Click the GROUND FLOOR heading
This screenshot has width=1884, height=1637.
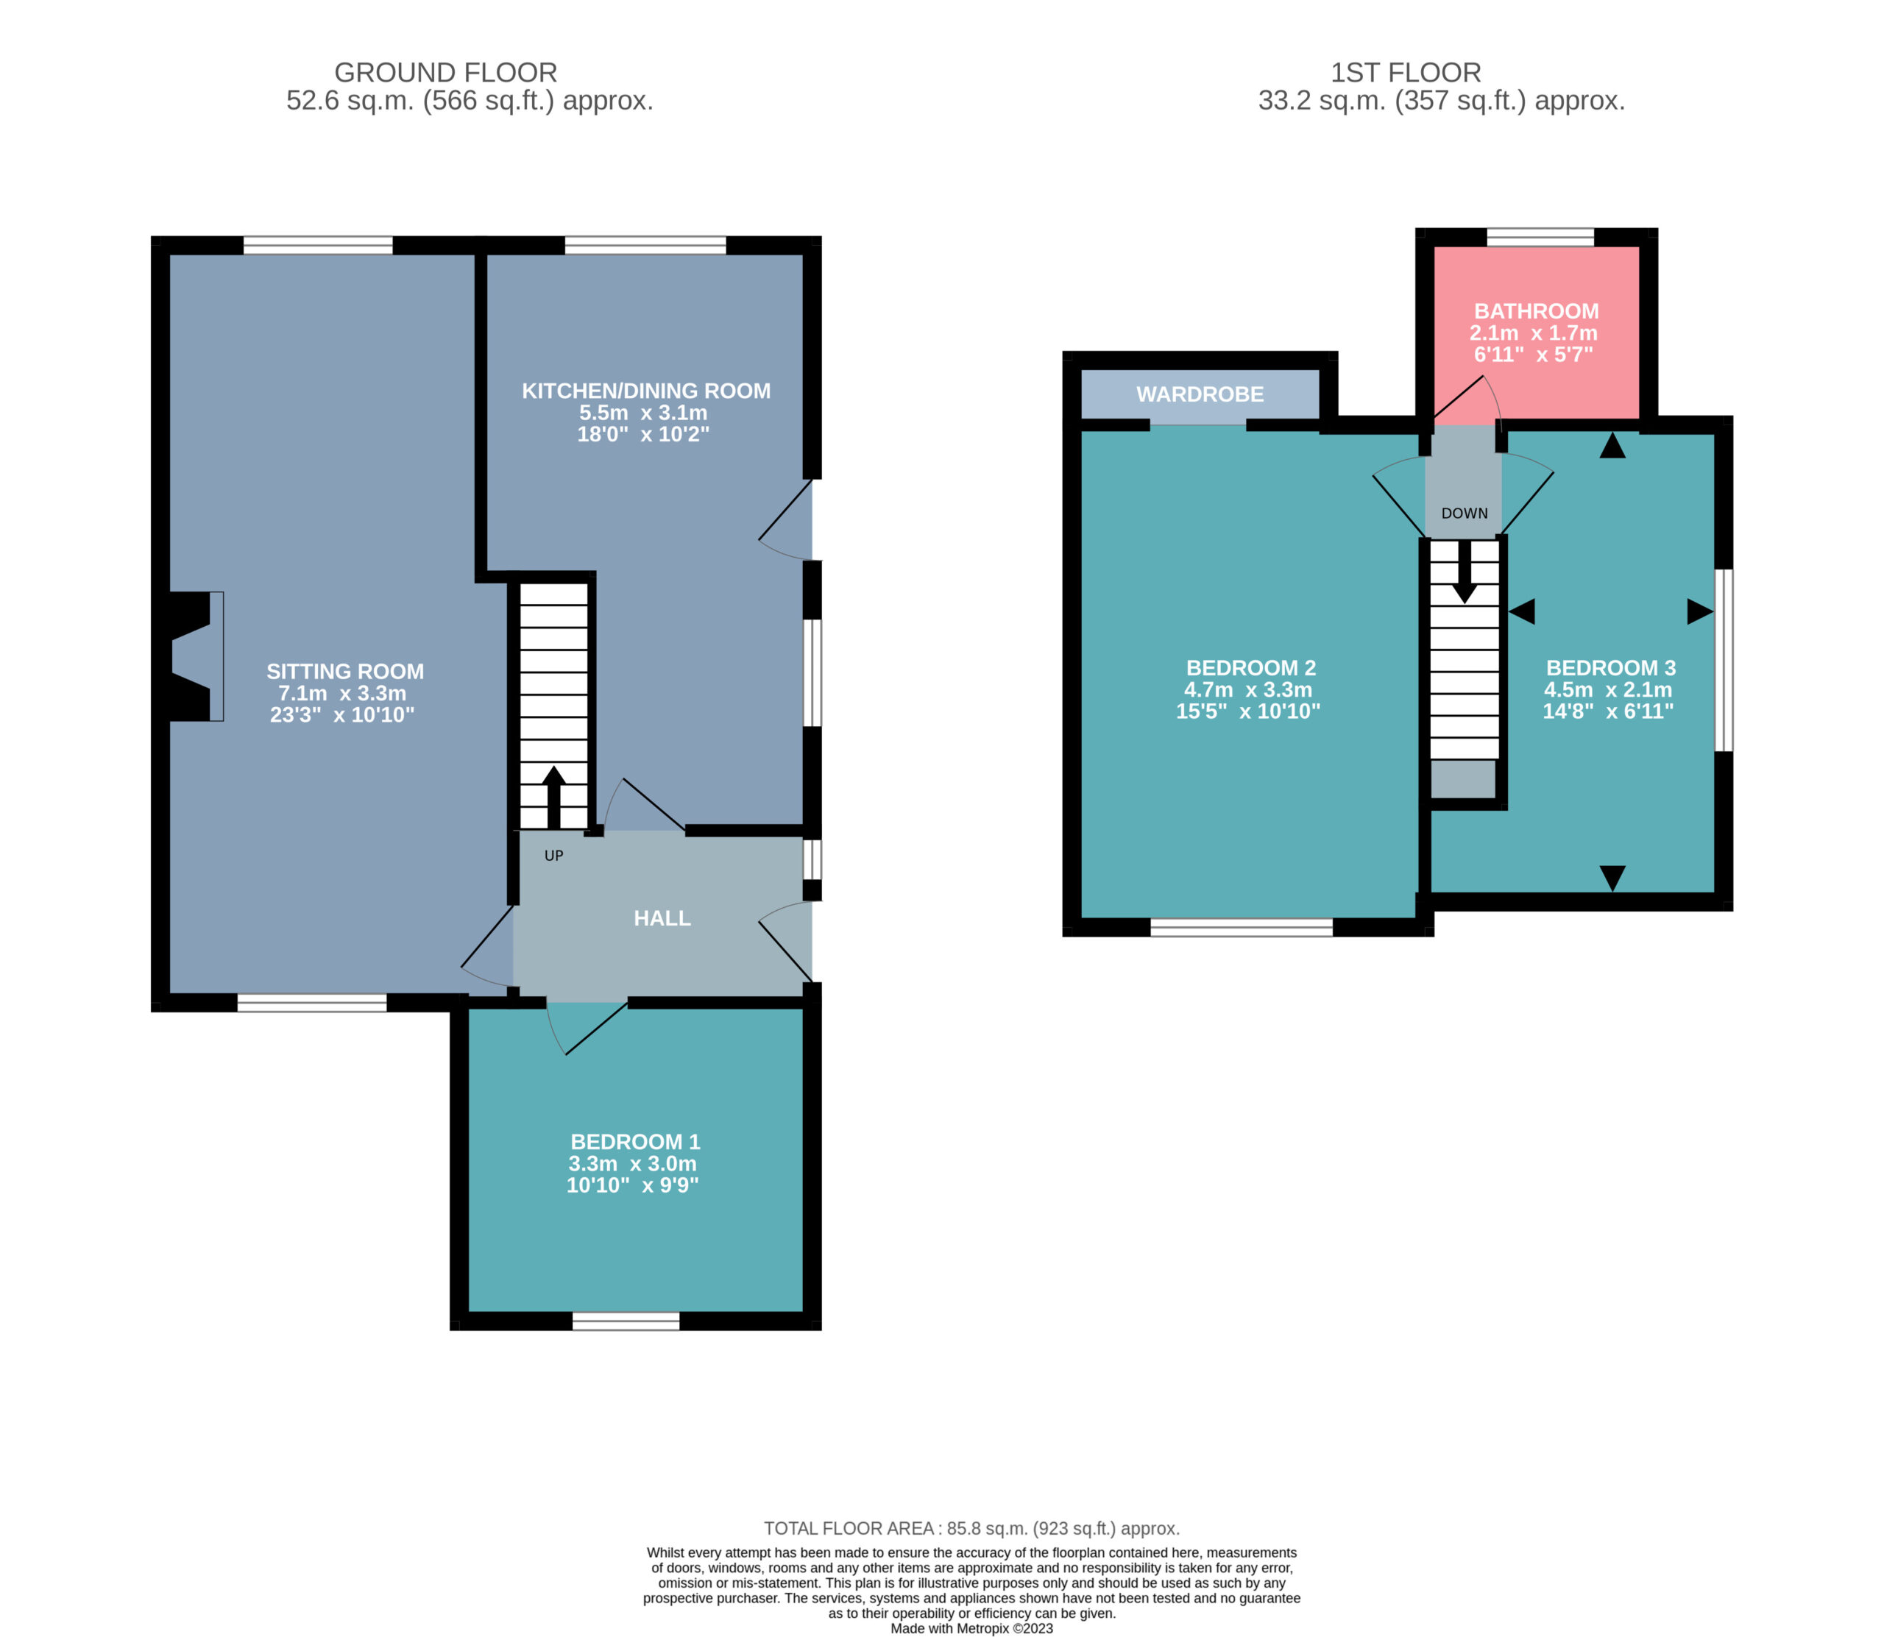click(446, 72)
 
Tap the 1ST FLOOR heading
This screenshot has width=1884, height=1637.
click(1405, 72)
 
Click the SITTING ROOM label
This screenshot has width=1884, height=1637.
click(345, 672)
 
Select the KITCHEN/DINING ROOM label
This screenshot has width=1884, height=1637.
click(646, 391)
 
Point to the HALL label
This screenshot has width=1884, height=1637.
click(662, 918)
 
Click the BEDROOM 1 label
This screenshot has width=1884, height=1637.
click(635, 1142)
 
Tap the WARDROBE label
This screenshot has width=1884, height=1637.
click(1200, 394)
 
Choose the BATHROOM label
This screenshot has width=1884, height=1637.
click(1536, 311)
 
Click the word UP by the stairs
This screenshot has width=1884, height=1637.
click(553, 856)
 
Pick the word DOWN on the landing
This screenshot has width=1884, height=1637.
click(1465, 514)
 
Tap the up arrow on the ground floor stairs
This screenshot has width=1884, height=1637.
click(553, 798)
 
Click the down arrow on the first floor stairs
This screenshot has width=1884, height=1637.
click(1465, 572)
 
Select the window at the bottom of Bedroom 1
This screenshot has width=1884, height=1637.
click(626, 1321)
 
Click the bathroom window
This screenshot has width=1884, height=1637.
click(1540, 238)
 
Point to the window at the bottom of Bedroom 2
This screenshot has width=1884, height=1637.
click(1242, 928)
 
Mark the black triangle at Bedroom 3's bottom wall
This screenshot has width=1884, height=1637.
click(1612, 878)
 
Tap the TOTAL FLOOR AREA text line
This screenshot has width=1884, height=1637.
click(972, 1528)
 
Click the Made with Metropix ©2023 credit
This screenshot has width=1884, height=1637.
click(972, 1628)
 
